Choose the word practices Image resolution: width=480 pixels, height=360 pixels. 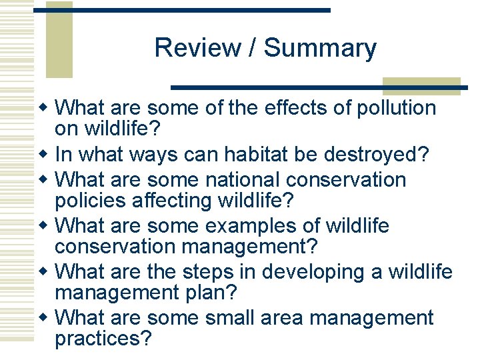(103, 338)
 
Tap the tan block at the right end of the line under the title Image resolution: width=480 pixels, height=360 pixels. (421, 85)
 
